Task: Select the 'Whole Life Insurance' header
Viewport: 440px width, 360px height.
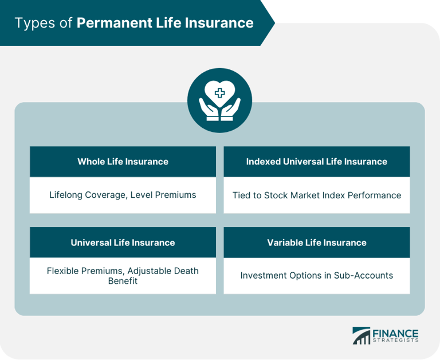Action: [123, 162]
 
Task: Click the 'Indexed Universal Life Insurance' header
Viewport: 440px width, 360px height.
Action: [317, 162]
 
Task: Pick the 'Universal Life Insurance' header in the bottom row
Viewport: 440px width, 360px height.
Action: [123, 242]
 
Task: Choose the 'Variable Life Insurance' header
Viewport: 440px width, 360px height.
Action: [317, 242]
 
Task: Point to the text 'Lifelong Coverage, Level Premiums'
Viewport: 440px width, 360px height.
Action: [123, 195]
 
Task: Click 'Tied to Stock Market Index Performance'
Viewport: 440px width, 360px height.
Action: [317, 195]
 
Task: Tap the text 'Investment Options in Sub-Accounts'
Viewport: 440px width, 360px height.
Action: [317, 275]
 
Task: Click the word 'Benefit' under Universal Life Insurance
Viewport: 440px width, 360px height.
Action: [123, 281]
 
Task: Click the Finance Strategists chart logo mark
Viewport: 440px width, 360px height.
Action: [362, 335]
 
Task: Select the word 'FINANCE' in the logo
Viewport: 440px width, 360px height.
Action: [395, 332]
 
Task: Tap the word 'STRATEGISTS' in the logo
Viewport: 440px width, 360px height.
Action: [395, 341]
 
